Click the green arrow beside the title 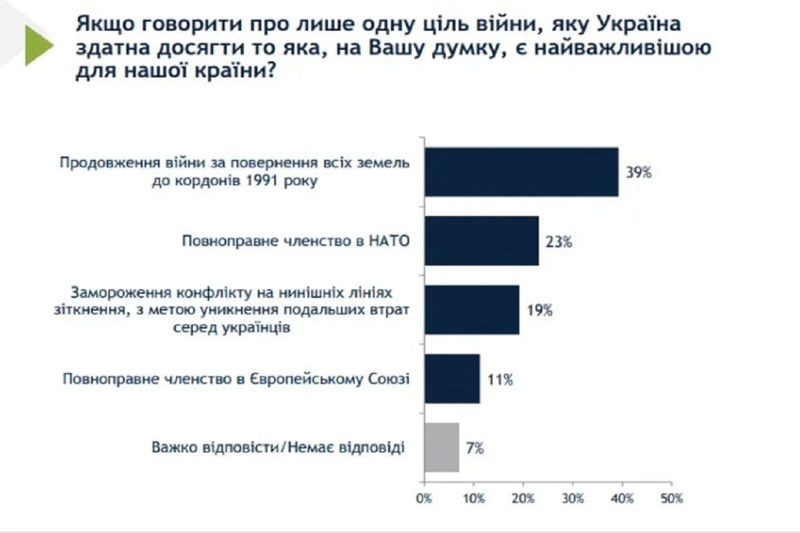38,47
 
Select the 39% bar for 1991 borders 521,172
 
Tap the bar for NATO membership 481,241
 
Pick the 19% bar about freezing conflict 472,310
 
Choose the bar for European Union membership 452,379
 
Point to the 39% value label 638,173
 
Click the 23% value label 558,242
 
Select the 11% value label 499,380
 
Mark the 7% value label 475,448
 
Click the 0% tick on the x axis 424,498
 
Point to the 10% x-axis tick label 473,498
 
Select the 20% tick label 523,498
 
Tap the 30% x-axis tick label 573,498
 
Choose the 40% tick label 622,498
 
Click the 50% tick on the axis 671,498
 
